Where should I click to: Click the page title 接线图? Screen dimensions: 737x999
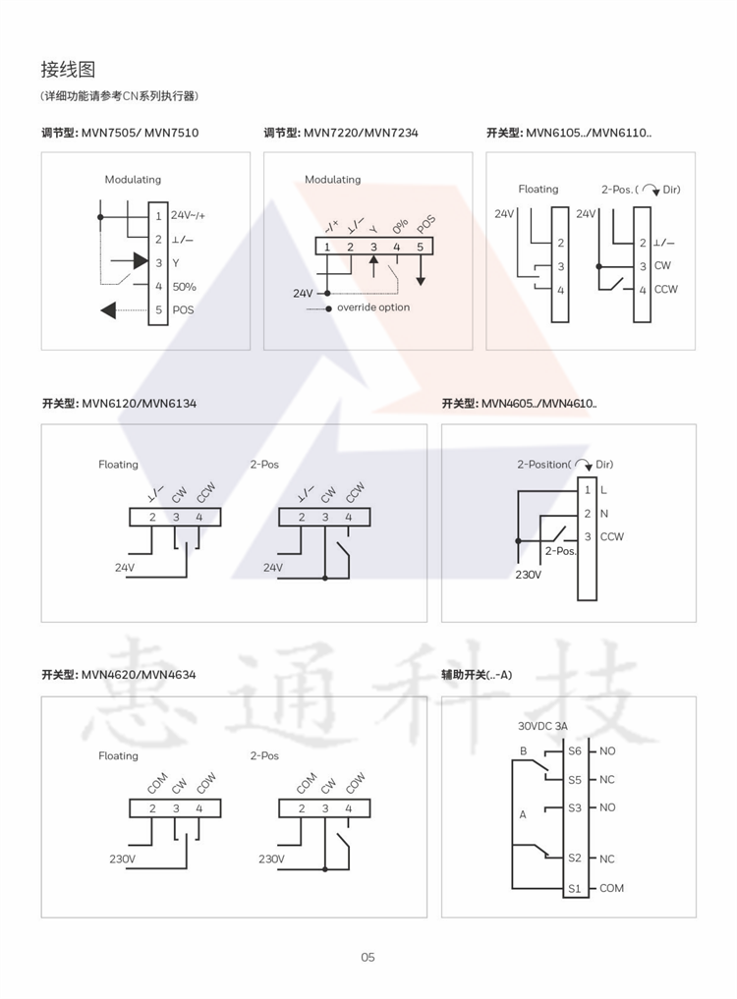coord(68,70)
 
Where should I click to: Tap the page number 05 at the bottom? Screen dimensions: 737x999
coord(368,957)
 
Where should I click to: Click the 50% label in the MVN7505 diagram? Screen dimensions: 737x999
coord(184,287)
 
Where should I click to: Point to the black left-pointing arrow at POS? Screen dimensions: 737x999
coord(108,310)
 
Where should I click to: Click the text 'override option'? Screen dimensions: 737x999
coord(373,307)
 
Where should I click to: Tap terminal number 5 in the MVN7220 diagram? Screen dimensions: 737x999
coord(420,247)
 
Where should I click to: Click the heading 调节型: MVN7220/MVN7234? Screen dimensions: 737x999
coord(341,133)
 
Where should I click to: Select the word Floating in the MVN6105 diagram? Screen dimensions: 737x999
coord(539,189)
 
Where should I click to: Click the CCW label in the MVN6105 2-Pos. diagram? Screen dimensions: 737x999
coord(665,289)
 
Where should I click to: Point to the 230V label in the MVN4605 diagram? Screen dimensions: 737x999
coord(528,575)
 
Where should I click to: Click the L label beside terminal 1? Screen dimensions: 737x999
coord(603,489)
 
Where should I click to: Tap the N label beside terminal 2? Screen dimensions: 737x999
coord(603,513)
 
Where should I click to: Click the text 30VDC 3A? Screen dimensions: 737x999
coord(542,727)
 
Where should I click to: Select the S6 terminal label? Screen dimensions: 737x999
coord(575,750)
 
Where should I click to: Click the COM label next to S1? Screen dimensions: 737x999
coord(611,888)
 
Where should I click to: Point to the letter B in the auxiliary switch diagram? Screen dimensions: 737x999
coord(523,751)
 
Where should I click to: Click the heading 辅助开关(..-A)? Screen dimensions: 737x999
coord(477,675)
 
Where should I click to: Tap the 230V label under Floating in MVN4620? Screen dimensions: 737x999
coord(122,859)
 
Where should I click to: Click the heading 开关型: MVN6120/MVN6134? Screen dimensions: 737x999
coord(119,403)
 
